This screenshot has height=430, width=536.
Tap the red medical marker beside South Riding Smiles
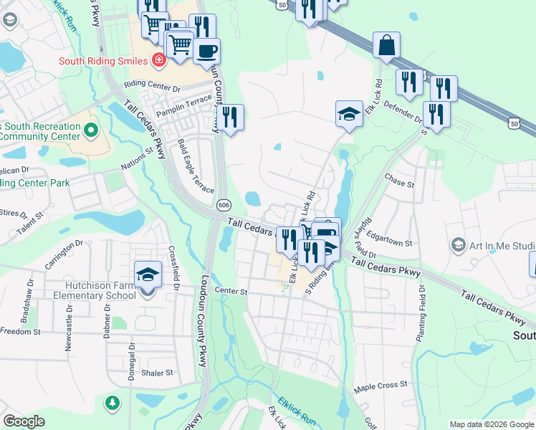(x=159, y=60)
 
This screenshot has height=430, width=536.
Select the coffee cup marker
(x=206, y=52)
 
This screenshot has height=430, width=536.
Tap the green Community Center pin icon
(x=90, y=130)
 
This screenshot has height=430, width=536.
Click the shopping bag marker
(x=386, y=45)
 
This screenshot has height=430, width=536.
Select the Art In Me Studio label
(x=502, y=246)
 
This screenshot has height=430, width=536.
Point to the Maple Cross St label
(x=381, y=386)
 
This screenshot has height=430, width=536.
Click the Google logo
(x=24, y=421)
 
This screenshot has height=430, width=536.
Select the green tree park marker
(x=112, y=403)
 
